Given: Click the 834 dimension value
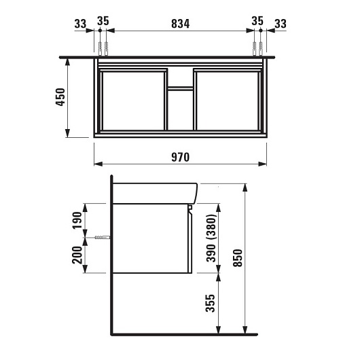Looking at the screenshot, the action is [181, 24].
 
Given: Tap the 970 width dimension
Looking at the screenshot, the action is [181, 158].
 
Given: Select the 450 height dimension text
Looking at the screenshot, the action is [61, 97].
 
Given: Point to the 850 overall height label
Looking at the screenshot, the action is [238, 258].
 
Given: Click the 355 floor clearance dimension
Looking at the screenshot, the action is [211, 303].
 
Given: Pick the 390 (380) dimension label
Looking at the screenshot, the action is [211, 238].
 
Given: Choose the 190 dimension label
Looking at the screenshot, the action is [77, 220].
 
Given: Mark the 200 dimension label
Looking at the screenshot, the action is [77, 255].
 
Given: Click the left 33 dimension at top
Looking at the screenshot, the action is [80, 24].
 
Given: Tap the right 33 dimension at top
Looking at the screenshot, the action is [281, 24].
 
